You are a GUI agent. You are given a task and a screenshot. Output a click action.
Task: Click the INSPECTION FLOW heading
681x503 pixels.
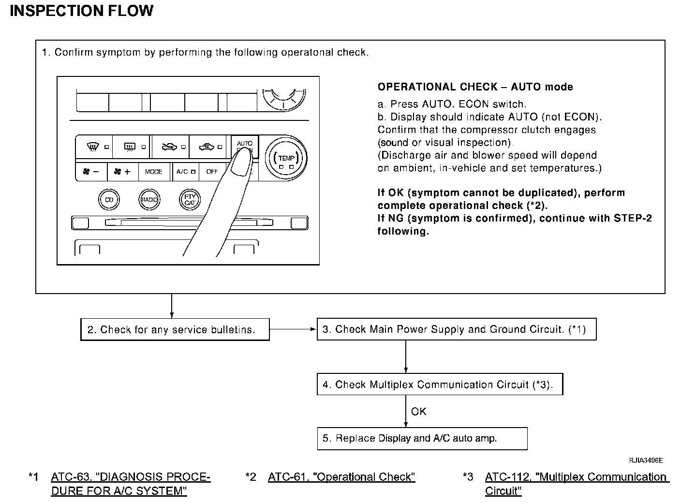(81, 11)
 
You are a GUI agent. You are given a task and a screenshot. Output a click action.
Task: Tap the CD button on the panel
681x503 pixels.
(109, 199)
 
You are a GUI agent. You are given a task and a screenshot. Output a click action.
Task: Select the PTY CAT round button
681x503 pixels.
(189, 199)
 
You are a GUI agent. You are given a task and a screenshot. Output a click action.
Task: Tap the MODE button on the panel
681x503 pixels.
(154, 172)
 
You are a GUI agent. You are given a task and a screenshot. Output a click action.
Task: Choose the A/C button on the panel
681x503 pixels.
(186, 172)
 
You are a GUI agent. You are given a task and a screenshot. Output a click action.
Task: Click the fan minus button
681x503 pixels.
(91, 172)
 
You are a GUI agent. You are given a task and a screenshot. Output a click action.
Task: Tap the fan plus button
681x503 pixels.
(122, 172)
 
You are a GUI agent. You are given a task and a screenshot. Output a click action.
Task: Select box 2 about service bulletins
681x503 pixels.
(175, 330)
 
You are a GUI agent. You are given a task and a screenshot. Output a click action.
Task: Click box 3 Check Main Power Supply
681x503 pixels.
(456, 329)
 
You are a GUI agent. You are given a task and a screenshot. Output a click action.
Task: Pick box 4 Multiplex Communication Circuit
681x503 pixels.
(440, 385)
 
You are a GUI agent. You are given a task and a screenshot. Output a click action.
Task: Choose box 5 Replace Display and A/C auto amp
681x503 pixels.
(422, 438)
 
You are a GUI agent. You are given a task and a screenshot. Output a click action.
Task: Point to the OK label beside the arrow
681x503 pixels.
(419, 412)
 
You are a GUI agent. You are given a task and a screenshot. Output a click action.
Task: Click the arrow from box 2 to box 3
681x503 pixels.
(293, 329)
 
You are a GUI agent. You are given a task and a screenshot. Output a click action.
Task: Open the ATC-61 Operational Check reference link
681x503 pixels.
(341, 477)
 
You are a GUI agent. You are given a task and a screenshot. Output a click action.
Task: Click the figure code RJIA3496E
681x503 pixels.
(646, 460)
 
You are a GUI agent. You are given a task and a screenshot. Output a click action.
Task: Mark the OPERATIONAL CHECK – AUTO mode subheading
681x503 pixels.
(475, 87)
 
